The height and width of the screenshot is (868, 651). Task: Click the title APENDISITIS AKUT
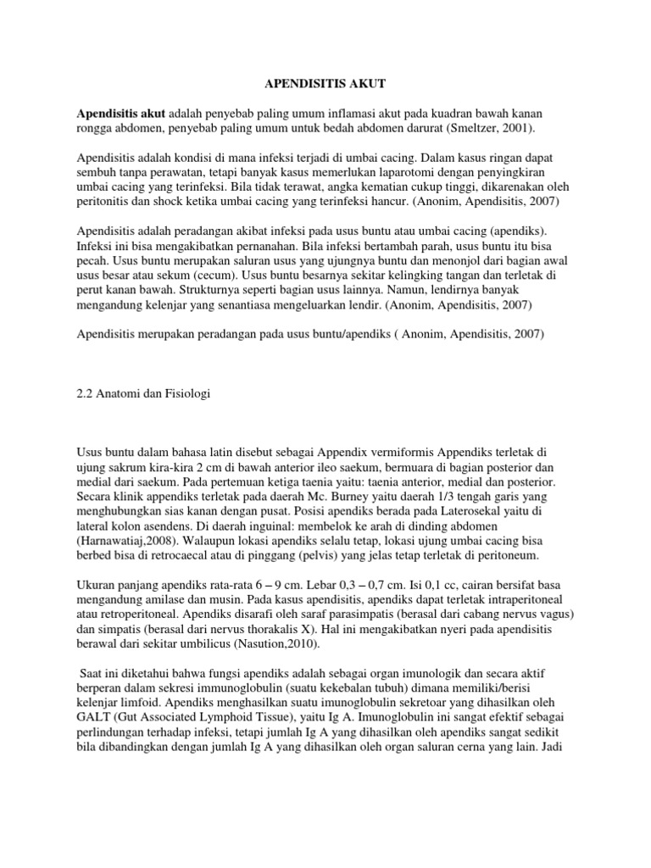pos(325,84)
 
